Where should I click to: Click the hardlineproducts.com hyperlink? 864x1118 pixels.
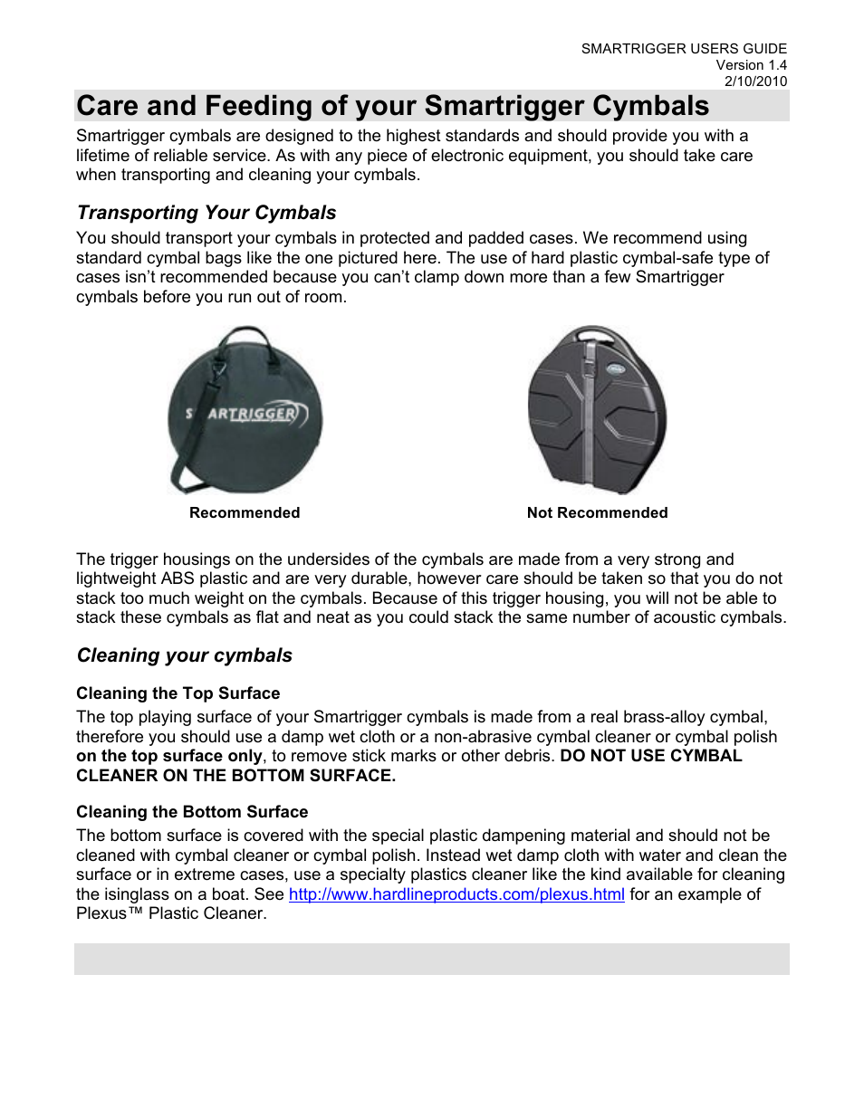456,894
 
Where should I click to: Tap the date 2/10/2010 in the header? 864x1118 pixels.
755,81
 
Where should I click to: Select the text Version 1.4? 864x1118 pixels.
751,65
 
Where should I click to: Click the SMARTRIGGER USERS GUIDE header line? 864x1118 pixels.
684,49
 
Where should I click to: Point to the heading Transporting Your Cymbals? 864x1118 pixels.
206,213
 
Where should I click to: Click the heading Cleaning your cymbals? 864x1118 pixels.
185,655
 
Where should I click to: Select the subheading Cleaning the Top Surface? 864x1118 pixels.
178,693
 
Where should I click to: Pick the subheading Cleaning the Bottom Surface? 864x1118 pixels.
192,812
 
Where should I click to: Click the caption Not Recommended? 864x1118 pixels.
597,513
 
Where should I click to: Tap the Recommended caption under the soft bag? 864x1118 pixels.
245,513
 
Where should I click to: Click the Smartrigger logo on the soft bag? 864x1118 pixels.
246,414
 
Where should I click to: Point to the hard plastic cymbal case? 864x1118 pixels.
597,412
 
